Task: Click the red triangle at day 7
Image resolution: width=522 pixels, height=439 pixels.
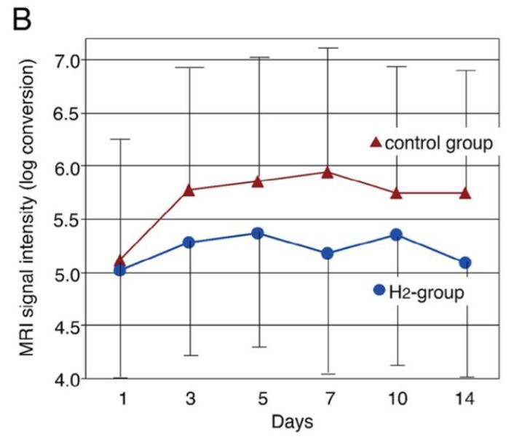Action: click(x=327, y=172)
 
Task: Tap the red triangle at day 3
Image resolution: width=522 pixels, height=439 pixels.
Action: click(x=189, y=190)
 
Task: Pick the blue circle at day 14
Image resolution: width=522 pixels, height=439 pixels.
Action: click(x=465, y=262)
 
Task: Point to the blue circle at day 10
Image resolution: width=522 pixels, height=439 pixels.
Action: click(x=396, y=235)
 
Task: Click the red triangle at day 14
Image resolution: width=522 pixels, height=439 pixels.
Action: click(x=465, y=193)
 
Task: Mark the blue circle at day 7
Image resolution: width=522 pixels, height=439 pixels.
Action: click(x=327, y=253)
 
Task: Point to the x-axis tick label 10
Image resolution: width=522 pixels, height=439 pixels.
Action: click(x=396, y=398)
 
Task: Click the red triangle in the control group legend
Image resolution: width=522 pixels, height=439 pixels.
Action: click(x=376, y=142)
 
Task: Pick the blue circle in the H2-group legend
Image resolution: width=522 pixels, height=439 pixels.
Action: click(x=379, y=290)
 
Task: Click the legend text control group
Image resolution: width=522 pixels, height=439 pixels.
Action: click(x=439, y=142)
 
